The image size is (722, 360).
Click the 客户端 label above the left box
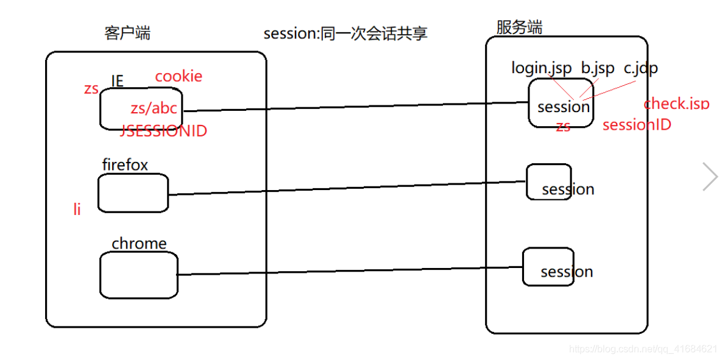click(127, 34)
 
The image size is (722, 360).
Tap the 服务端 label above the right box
click(519, 27)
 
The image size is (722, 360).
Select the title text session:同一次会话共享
click(345, 34)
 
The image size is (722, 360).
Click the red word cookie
click(179, 76)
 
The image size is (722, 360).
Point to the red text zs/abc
click(154, 108)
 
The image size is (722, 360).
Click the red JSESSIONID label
click(164, 131)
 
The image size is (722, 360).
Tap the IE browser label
click(118, 81)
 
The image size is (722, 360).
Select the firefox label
click(125, 164)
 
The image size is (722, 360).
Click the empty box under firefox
click(133, 193)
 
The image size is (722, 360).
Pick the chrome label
click(139, 244)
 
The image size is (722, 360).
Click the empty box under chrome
click(139, 275)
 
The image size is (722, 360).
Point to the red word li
click(77, 210)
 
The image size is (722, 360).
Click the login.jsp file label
click(541, 68)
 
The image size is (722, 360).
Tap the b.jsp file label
click(597, 68)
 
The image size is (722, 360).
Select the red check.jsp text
click(676, 104)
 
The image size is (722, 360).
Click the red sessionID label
click(637, 125)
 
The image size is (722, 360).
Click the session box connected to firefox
click(549, 182)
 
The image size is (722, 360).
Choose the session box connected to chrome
click(548, 267)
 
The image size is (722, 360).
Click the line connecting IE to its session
click(353, 107)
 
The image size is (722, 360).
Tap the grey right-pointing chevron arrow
click(710, 177)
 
